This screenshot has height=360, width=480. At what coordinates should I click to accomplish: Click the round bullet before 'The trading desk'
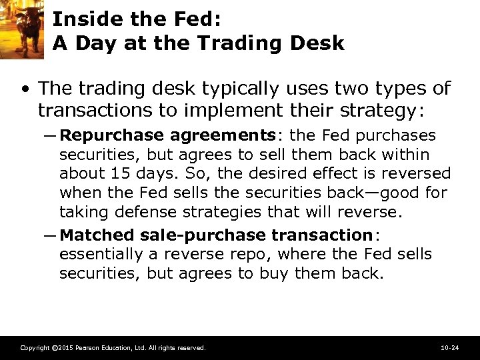tap(25, 89)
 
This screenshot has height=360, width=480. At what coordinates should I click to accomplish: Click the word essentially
tap(101, 255)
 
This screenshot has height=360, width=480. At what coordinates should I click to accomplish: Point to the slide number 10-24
tap(450, 348)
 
